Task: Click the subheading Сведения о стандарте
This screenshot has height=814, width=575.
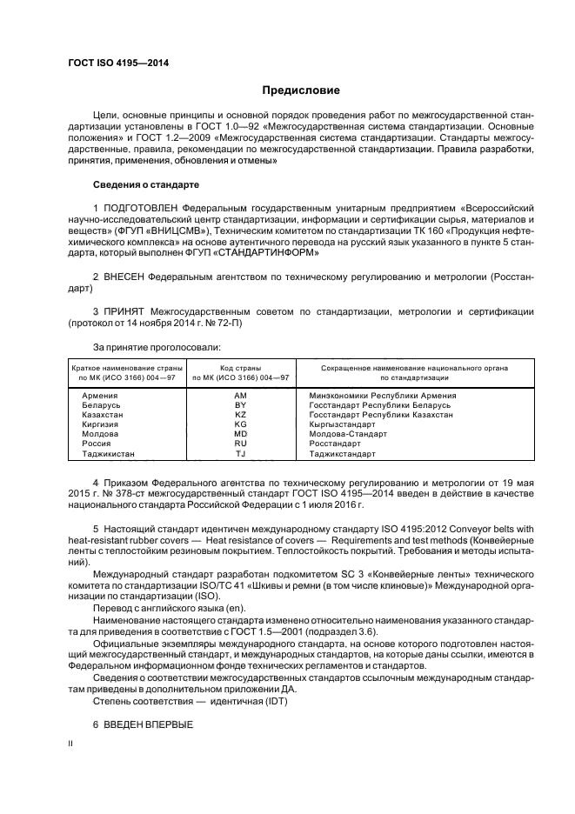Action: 146,185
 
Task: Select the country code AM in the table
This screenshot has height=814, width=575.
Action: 241,396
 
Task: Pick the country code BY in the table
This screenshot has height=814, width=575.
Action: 241,405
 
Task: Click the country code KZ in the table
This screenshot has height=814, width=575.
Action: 241,415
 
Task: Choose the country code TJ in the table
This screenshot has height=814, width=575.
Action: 241,454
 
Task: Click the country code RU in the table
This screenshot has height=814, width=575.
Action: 241,444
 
